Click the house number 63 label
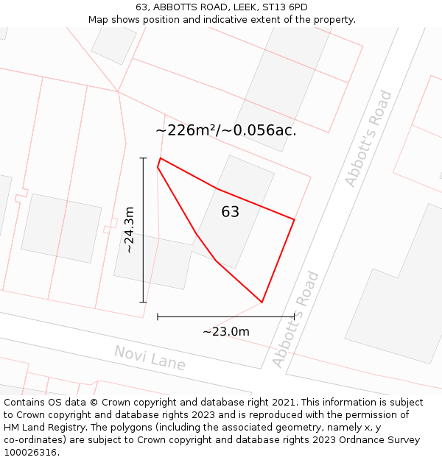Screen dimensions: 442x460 tap(230, 212)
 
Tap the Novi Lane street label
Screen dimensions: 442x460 tap(150, 358)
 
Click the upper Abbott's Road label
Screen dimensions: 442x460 tap(369, 138)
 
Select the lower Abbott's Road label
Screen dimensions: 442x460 tap(296, 319)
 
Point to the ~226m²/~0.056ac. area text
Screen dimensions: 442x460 tap(225, 130)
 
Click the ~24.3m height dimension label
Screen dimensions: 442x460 tap(130, 230)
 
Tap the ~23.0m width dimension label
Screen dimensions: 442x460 tap(226, 331)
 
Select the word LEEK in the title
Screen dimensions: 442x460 tap(236, 7)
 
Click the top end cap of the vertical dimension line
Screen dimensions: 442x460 tap(143, 158)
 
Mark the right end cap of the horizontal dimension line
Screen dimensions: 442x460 tap(294, 316)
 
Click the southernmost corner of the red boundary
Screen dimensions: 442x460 tap(262, 302)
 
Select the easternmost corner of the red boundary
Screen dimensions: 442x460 tap(294, 219)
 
